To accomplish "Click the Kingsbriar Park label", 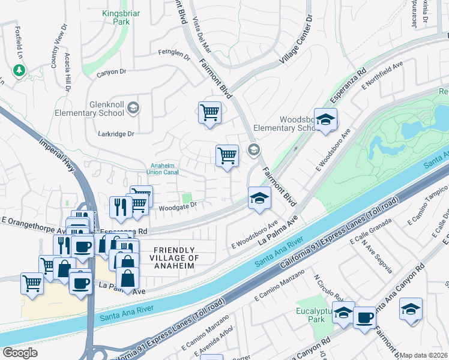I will pyautogui.click(x=122, y=16).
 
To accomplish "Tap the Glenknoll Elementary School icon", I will pyautogui.click(x=133, y=108).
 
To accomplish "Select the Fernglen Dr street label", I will pyautogui.click(x=173, y=56).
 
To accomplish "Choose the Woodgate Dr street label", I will pyautogui.click(x=178, y=206).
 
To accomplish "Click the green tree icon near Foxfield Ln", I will pyautogui.click(x=19, y=70).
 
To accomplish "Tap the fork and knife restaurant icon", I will pyautogui.click(x=121, y=206).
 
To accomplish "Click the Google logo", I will pyautogui.click(x=20, y=353).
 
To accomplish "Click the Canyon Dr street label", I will pyautogui.click(x=115, y=71).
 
